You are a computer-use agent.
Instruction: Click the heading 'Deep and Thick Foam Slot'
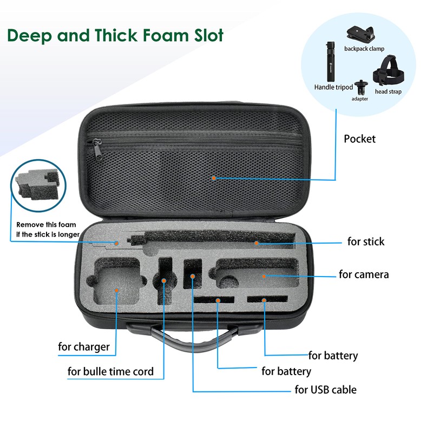115,36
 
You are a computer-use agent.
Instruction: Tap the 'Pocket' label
359,139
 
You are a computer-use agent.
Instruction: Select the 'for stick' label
366,241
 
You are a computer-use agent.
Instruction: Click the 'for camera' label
364,274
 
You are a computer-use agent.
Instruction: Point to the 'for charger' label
84,346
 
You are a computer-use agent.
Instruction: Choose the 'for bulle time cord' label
110,371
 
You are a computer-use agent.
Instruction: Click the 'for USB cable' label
325,389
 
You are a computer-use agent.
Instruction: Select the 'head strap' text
388,91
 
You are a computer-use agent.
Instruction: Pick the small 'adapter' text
360,99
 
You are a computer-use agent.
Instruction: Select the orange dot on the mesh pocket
214,178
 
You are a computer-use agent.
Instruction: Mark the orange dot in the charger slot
117,290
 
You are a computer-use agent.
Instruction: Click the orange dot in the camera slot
264,276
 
